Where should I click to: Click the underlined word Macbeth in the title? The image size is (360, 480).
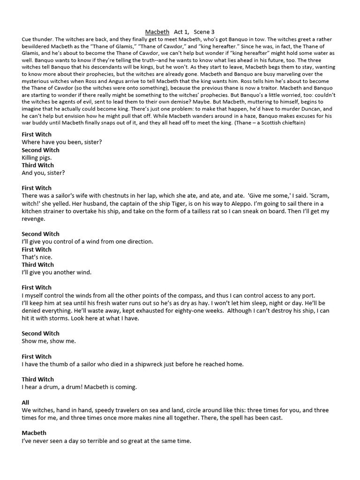pyautogui.click(x=157, y=32)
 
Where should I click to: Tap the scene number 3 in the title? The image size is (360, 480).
pyautogui.click(x=212, y=32)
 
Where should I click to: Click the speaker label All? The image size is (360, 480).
pyautogui.click(x=25, y=403)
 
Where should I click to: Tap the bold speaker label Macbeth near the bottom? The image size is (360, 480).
pyautogui.click(x=34, y=433)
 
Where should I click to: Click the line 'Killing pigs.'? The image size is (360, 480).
pyautogui.click(x=37, y=158)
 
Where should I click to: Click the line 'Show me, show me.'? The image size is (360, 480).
pyautogui.click(x=49, y=341)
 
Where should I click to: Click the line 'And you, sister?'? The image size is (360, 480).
pyautogui.click(x=43, y=173)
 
